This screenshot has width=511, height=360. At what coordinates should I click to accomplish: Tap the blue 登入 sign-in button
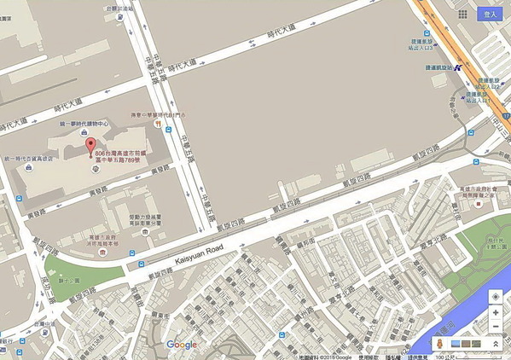pos(489,14)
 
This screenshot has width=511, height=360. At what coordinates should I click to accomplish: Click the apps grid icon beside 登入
pos(463,15)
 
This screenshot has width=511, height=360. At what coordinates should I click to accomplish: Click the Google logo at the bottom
pos(182,345)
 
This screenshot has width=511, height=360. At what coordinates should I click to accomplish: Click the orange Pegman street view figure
pos(439,343)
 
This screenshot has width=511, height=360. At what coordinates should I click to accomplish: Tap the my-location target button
pos(495,296)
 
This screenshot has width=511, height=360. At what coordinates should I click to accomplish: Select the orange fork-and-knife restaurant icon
pos(159,123)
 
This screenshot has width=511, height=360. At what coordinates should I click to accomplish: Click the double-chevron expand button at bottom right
pos(495,343)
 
